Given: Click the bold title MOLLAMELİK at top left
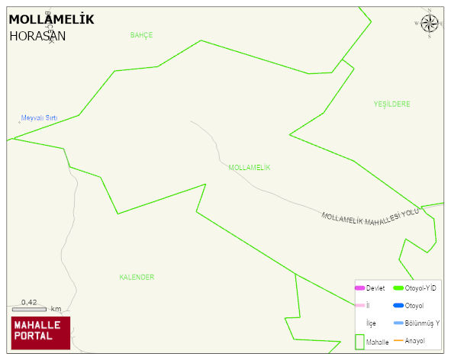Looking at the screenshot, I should (x=51, y=20).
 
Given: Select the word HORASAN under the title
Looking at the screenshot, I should (x=37, y=35).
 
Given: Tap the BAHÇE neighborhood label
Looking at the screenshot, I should (x=142, y=35).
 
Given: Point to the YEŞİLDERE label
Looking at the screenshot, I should (x=392, y=104).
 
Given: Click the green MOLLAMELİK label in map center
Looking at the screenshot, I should (x=250, y=167).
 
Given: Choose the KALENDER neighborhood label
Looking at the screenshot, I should (x=137, y=277).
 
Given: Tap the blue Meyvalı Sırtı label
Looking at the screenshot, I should (x=40, y=117).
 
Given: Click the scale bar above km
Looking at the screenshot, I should (x=29, y=309).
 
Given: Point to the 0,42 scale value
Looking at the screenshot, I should (x=30, y=302).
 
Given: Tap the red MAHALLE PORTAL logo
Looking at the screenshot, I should (x=40, y=333).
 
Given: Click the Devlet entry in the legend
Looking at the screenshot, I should (x=375, y=288).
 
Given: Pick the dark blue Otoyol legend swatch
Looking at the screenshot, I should (x=398, y=306).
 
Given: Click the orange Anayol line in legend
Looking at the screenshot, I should (x=398, y=340).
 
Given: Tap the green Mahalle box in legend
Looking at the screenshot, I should (x=359, y=340).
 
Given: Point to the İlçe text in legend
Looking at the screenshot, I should (x=371, y=323).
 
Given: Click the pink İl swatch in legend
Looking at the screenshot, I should (x=359, y=306).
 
